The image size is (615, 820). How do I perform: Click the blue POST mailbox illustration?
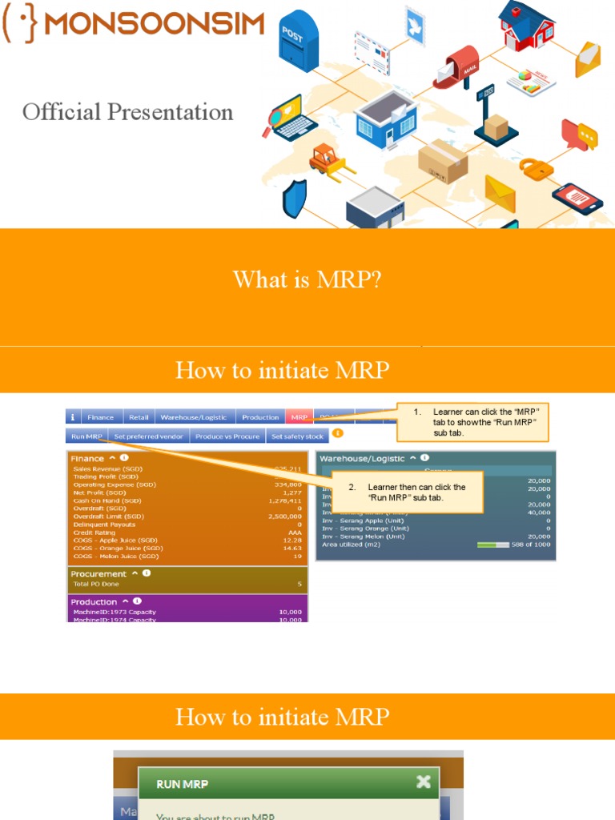pos(298,41)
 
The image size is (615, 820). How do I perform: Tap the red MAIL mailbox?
pos(462,64)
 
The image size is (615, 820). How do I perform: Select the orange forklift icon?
pos(328,159)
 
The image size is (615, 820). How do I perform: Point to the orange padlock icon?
pos(537,169)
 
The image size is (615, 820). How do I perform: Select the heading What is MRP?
pos(307,280)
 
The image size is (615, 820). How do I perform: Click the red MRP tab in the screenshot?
pos(299,417)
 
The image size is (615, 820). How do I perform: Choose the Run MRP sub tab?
pos(86,436)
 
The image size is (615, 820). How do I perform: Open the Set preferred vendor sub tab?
pos(149,436)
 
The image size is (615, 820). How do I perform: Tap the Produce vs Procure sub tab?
pos(227,436)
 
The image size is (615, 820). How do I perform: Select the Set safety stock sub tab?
pos(297,436)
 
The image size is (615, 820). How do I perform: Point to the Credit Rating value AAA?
pos(295,533)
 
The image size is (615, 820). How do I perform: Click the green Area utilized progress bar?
pos(492,545)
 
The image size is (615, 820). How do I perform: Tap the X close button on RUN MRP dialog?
pos(424,782)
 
